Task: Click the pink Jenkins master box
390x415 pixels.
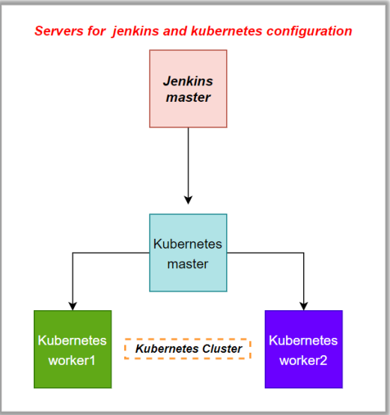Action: click(188, 88)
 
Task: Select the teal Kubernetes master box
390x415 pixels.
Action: click(188, 253)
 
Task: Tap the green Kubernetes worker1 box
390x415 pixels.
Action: click(73, 349)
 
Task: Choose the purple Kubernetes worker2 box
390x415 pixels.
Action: click(303, 349)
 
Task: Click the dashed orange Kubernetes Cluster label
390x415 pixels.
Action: click(188, 349)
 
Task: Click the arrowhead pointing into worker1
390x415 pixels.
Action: click(73, 305)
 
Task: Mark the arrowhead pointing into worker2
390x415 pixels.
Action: click(303, 305)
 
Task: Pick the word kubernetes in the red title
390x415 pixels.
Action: click(231, 31)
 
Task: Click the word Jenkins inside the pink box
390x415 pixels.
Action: click(188, 80)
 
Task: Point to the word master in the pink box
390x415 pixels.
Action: click(188, 97)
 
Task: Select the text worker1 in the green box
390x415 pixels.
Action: click(73, 359)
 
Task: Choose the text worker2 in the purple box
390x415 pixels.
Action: click(303, 359)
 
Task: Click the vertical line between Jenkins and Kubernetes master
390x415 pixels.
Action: click(188, 161)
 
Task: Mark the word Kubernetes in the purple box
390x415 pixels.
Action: click(303, 341)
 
